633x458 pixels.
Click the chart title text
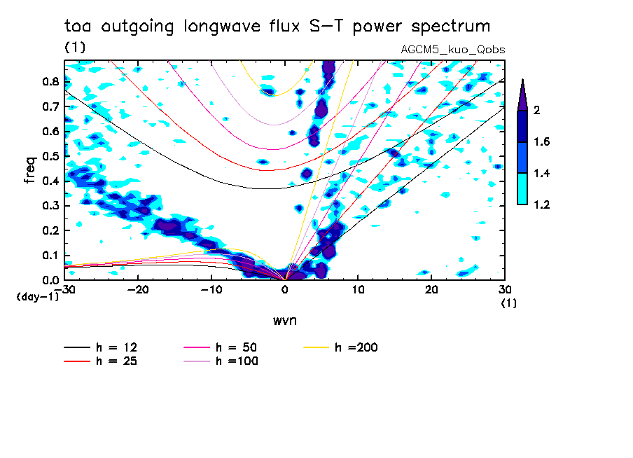point(277,27)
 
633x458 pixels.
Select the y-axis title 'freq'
point(30,170)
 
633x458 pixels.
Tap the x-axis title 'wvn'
point(284,321)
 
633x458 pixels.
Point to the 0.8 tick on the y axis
point(50,81)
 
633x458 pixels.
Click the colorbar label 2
point(537,111)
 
